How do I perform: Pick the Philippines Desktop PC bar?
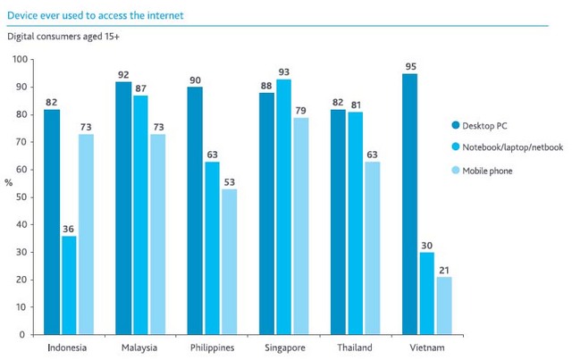pyautogui.click(x=196, y=211)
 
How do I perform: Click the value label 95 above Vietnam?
pyautogui.click(x=411, y=65)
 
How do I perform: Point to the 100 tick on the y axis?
pyautogui.click(x=18, y=60)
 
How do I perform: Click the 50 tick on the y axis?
pyautogui.click(x=21, y=197)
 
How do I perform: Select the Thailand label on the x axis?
pyautogui.click(x=356, y=347)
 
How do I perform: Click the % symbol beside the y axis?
pyautogui.click(x=9, y=182)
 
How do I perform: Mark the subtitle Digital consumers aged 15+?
pyautogui.click(x=62, y=38)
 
